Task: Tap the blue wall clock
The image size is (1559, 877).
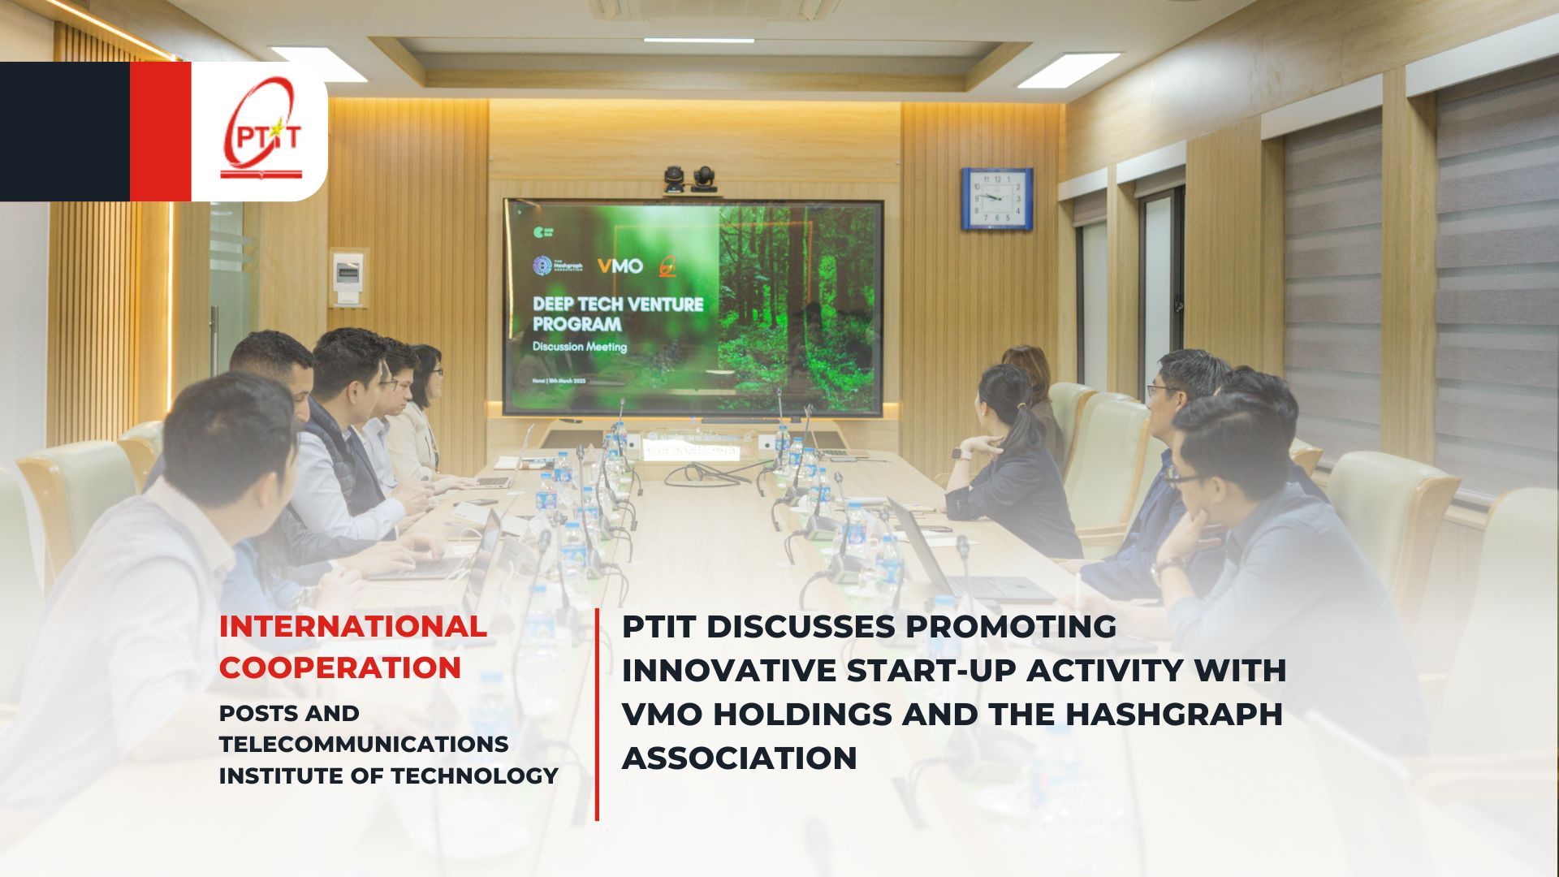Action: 997,198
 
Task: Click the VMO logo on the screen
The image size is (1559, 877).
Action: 620,266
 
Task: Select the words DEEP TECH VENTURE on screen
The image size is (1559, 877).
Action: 617,305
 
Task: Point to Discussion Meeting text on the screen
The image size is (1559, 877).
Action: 579,347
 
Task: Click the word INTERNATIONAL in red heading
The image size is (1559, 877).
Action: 353,626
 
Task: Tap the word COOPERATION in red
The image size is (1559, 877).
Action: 340,667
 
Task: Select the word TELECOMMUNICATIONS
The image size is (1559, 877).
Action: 364,744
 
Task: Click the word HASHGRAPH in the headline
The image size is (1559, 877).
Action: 1173,714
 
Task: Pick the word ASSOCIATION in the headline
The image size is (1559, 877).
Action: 739,758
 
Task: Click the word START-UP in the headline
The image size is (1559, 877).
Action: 931,670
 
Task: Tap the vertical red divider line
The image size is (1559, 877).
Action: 597,715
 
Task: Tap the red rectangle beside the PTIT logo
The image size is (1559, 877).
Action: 160,132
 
